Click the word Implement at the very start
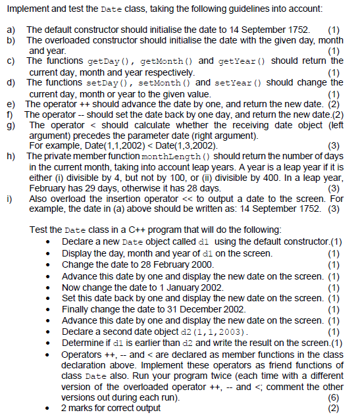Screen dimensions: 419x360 click(26, 8)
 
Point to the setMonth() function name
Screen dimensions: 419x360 click(168, 83)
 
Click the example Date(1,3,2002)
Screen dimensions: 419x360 click(189, 145)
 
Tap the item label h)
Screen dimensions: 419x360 click(11, 157)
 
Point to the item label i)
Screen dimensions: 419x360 click(11, 197)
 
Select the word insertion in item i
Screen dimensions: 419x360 click(138, 197)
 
